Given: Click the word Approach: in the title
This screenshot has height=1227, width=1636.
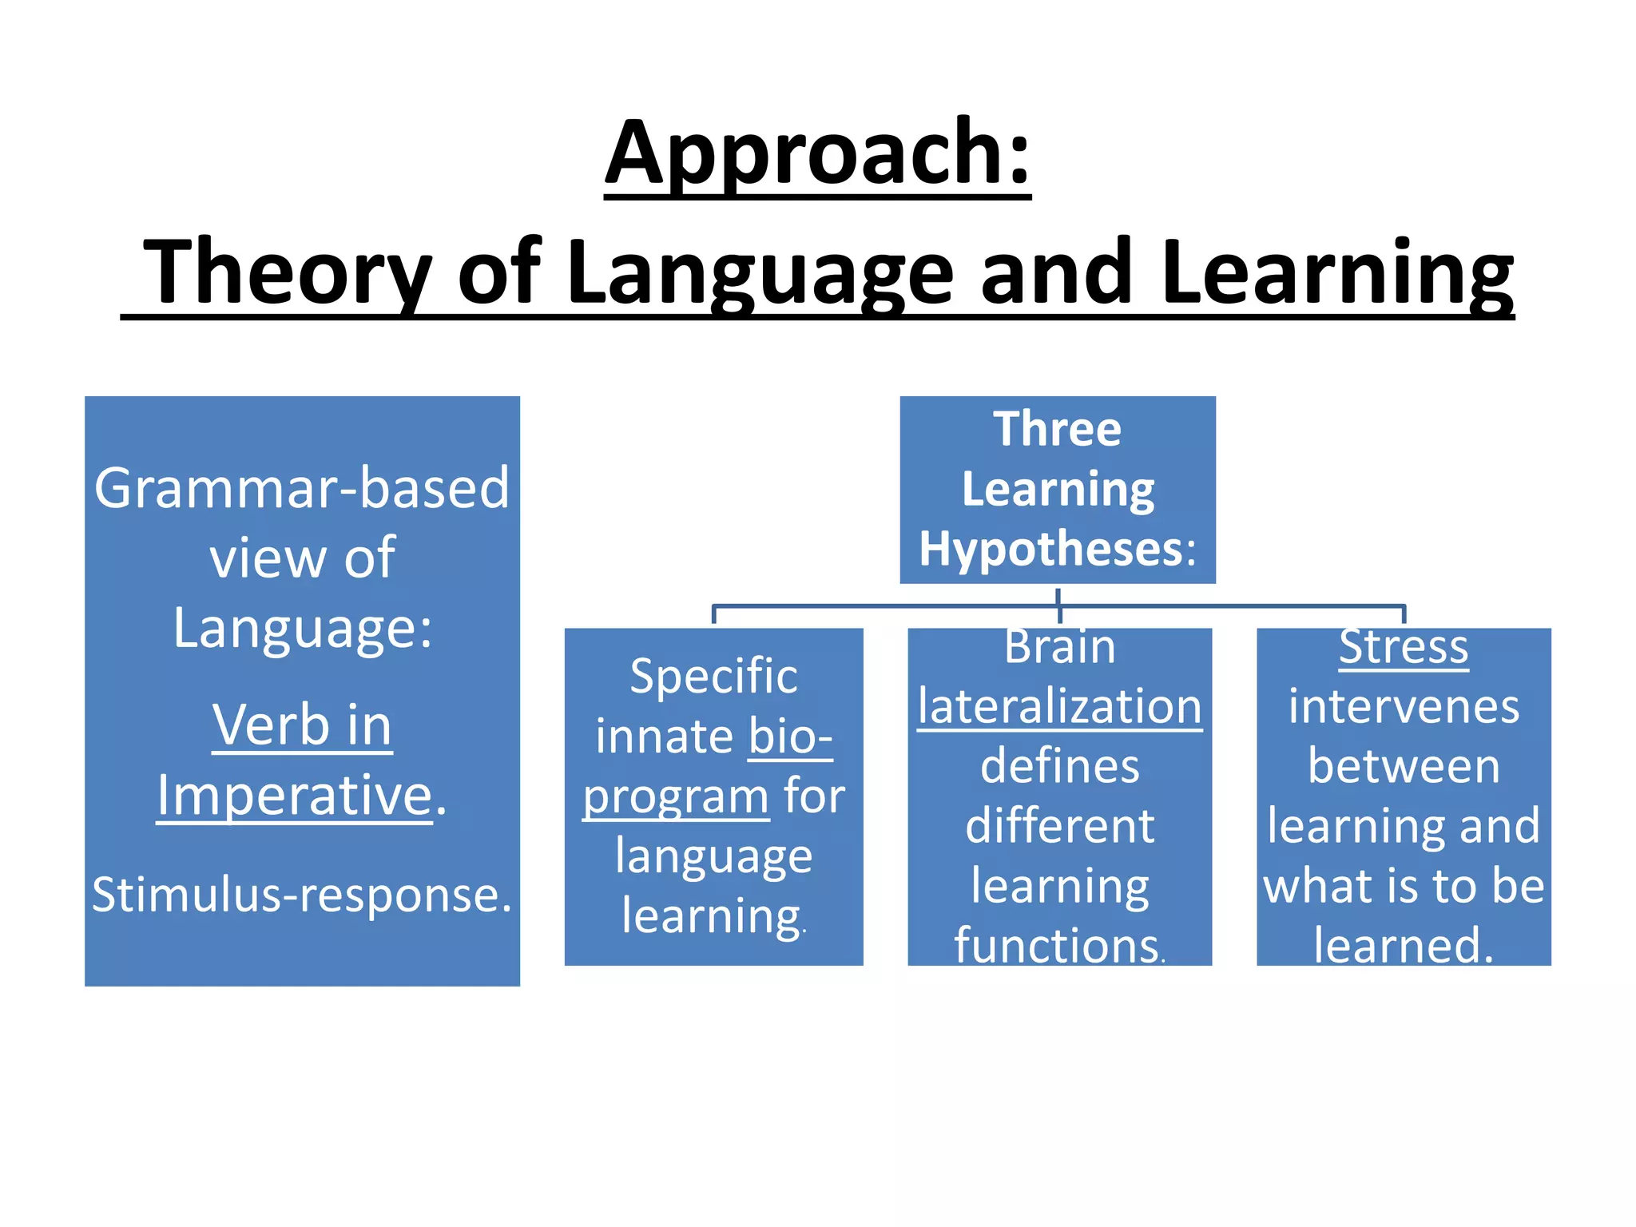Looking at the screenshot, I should coord(817,153).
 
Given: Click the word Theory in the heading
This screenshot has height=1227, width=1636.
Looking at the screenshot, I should coord(287,272).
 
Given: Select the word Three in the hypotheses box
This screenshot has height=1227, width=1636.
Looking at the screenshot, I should coord(1057,429).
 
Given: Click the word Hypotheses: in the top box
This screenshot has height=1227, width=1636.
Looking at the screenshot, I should coord(1057,549).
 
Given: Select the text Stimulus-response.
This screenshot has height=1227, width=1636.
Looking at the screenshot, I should coord(301,894).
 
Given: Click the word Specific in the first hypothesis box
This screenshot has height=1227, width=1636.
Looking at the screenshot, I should coord(713,676).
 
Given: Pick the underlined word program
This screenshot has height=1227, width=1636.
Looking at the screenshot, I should coord(675,796).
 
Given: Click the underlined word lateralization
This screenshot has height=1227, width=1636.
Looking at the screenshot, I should coord(1059,706).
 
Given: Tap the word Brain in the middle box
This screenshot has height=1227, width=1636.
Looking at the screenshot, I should coord(1059,646).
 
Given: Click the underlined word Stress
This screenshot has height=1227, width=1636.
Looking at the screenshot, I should coord(1403,646).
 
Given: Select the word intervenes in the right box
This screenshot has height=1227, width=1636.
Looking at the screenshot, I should coord(1404,706).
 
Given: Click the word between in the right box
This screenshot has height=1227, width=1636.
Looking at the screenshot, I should coord(1404,766).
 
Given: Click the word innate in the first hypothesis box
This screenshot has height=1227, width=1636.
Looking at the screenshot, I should coord(665,736).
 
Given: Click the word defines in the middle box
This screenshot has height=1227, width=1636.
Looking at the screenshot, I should coord(1059,766).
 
